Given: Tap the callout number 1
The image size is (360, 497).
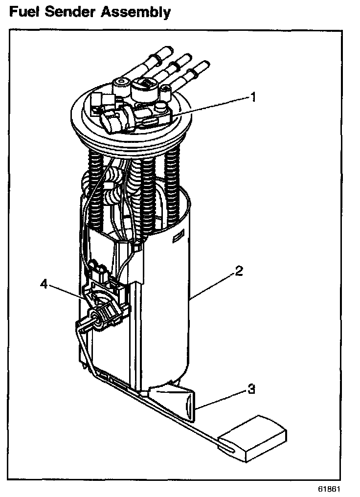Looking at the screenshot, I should point(253,97).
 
